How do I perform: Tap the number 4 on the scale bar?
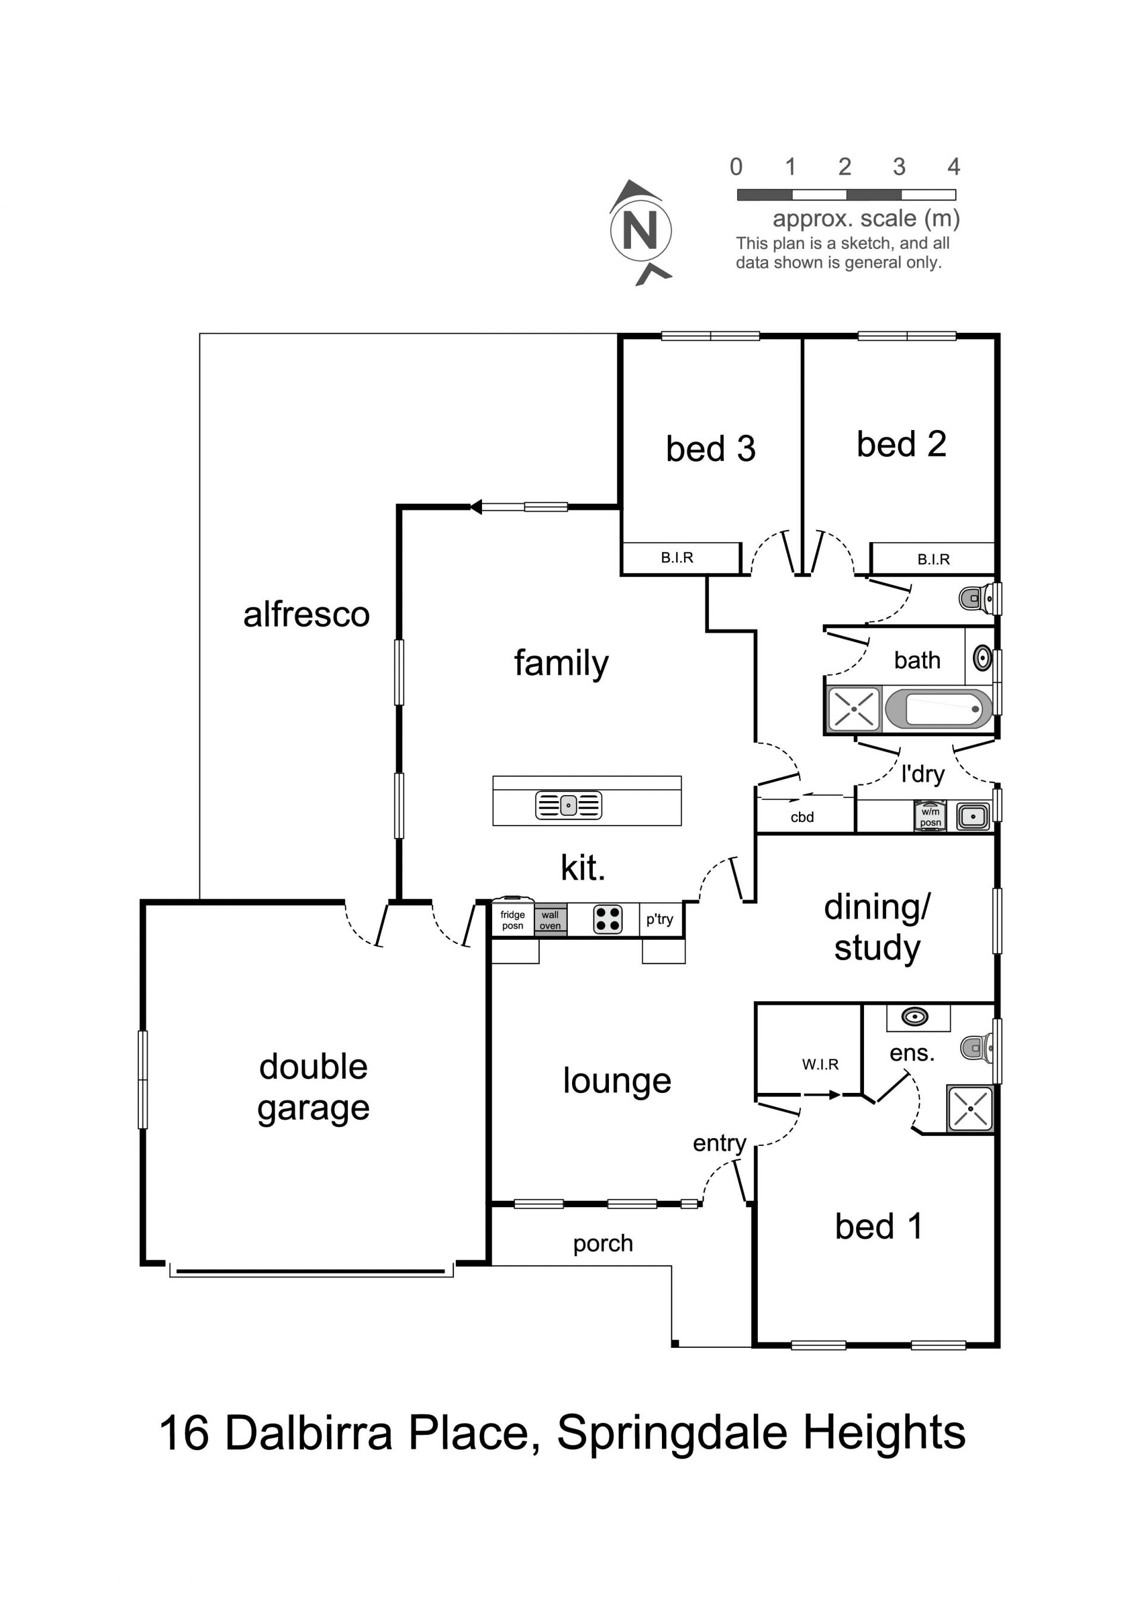tap(953, 167)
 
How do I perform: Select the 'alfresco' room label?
tap(306, 614)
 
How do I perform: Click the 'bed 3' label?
tap(711, 448)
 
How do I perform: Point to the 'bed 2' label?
tap(901, 444)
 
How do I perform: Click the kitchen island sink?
tap(568, 805)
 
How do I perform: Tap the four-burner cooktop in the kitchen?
tap(607, 919)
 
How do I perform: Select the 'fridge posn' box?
tap(513, 918)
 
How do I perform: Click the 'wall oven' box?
tap(550, 920)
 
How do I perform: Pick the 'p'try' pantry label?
tap(660, 919)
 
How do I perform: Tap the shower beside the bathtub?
tap(854, 709)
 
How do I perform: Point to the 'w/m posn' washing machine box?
tap(930, 817)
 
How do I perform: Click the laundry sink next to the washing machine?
tap(973, 817)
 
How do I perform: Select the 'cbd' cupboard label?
tap(803, 817)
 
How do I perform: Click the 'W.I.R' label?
tap(820, 1064)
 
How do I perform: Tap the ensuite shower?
tap(969, 1108)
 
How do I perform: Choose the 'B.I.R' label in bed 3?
tap(677, 558)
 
